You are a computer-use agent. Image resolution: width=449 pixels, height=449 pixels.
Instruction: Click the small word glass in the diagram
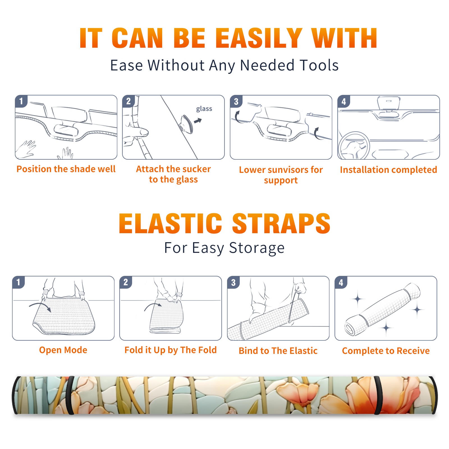(x=204, y=109)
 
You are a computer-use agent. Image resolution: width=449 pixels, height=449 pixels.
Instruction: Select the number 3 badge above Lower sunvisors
(x=236, y=101)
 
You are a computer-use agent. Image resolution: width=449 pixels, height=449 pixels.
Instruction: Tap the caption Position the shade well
(x=66, y=169)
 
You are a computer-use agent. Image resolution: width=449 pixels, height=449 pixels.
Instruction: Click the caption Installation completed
(x=388, y=170)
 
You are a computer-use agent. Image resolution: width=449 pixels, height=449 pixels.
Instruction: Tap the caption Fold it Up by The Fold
(x=171, y=350)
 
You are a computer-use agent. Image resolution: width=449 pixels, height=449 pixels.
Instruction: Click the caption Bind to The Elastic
(x=278, y=351)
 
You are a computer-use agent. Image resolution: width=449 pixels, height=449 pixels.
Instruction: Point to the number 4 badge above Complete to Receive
(x=341, y=282)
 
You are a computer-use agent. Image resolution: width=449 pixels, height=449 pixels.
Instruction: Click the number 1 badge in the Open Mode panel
(x=19, y=282)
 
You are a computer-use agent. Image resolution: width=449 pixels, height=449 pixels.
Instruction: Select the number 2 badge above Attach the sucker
(x=129, y=101)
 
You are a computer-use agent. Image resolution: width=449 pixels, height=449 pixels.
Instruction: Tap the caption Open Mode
(x=63, y=350)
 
